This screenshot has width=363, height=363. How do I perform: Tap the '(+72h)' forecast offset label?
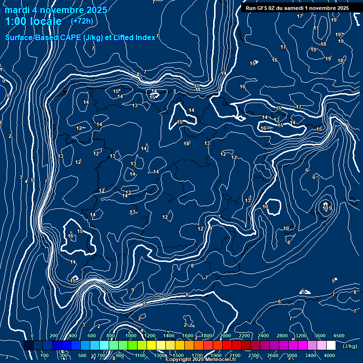coord(82,21)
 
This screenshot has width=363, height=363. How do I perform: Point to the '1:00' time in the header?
coord(16,21)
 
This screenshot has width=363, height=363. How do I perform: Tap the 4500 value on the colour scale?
coord(339,336)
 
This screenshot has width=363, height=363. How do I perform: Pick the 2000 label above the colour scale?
coord(225,336)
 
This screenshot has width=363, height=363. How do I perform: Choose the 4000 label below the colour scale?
coord(329,355)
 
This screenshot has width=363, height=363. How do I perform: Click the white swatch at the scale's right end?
coord(331,346)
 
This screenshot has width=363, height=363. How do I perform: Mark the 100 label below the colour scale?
coord(45,355)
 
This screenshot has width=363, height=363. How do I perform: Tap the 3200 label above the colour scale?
coord(301,336)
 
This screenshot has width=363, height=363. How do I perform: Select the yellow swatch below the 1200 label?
coord(151,346)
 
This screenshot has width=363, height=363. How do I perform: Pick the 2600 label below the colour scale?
coord(273,355)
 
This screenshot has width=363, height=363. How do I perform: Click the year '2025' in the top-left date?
coord(94,10)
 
